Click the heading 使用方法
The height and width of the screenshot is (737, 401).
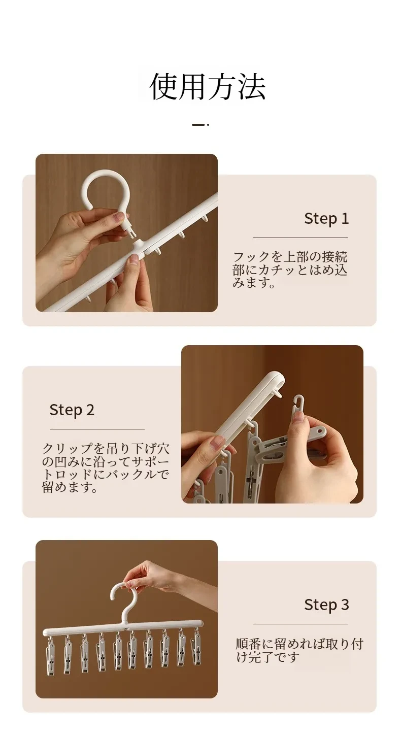tap(208, 86)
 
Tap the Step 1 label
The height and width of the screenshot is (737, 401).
tap(326, 219)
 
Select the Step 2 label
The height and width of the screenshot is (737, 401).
tap(72, 410)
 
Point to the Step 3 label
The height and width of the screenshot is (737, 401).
tap(326, 605)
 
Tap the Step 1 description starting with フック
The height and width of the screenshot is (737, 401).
tap(290, 270)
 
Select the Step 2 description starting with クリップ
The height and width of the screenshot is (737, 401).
tap(106, 467)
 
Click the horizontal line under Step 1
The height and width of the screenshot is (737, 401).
tap(300, 238)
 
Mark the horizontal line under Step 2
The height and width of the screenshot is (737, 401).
tap(97, 429)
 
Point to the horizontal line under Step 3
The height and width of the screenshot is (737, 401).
tap(300, 624)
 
